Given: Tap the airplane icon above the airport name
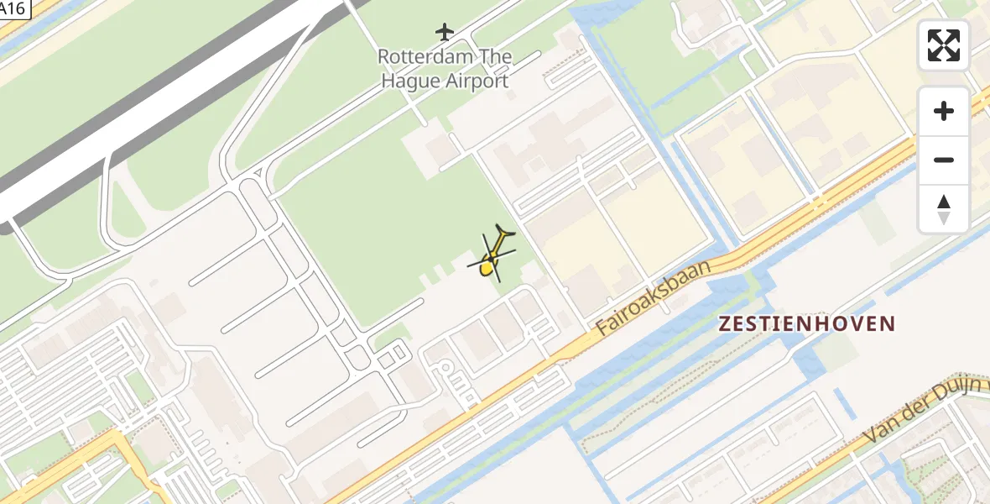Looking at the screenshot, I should click(x=444, y=32).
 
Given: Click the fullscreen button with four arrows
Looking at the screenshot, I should click(x=944, y=45).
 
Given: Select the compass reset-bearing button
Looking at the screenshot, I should click(x=944, y=208).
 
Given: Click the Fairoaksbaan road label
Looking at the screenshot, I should click(x=655, y=297).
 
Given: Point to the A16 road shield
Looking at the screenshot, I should click(x=14, y=8).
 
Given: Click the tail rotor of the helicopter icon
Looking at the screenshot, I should click(x=505, y=230).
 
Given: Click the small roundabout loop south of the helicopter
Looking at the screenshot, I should click(x=444, y=367).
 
